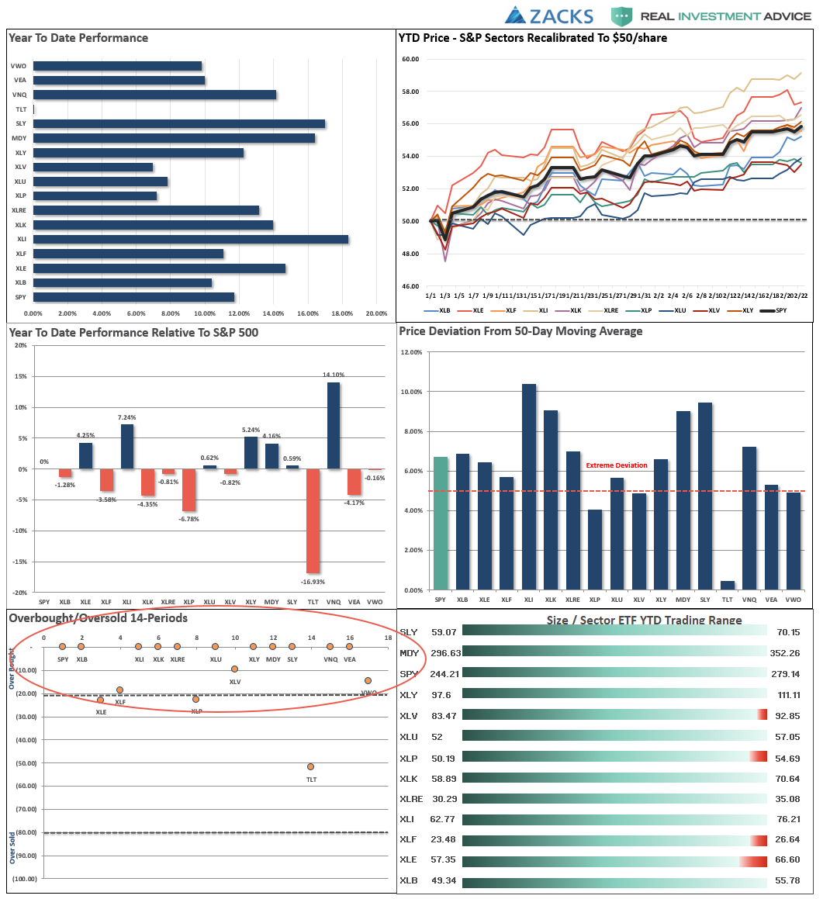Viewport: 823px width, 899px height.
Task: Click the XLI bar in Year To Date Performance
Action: (190, 240)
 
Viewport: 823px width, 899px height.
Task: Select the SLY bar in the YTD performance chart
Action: (178, 123)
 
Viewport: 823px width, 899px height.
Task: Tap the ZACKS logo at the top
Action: (549, 16)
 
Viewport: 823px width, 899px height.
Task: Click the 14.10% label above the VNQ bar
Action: (334, 375)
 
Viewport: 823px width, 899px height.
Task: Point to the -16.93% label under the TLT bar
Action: (313, 581)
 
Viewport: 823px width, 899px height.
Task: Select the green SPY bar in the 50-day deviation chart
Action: (441, 524)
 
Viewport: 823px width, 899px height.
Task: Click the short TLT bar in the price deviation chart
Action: (727, 585)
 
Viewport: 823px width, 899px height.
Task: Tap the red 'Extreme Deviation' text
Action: (616, 465)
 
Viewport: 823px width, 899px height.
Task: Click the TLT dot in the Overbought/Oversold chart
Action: (311, 766)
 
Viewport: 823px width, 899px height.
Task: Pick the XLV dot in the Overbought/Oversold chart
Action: (234, 669)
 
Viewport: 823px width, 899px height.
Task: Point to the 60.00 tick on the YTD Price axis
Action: (409, 59)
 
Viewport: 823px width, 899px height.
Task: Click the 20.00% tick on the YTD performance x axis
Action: (376, 313)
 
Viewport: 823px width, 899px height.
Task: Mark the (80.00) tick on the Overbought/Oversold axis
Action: (27, 832)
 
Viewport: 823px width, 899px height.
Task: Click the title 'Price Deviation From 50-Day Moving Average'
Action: (520, 331)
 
